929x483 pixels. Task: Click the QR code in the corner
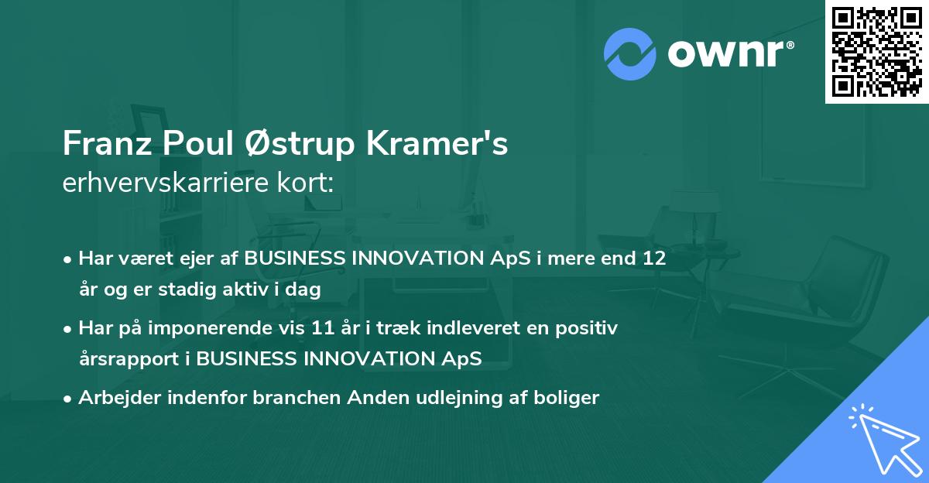point(876,52)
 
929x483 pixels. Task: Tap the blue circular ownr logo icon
point(630,54)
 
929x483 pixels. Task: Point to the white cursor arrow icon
point(886,439)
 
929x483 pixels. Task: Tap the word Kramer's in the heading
point(437,143)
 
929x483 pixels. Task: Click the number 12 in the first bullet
point(654,258)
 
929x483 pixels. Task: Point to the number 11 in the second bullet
point(323,328)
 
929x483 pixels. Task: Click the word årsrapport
point(129,359)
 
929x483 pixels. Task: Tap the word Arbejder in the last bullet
point(120,398)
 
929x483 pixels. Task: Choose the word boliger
point(566,398)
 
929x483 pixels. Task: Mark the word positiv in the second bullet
point(587,329)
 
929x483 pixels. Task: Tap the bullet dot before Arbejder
point(67,399)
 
